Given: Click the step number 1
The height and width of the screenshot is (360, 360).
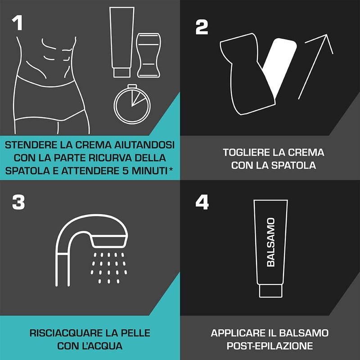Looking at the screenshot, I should pyautogui.click(x=17, y=23).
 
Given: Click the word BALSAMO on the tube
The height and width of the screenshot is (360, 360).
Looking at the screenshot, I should pyautogui.click(x=271, y=243).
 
